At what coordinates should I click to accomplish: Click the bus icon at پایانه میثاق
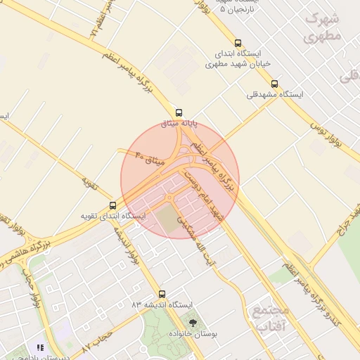(x=179, y=112)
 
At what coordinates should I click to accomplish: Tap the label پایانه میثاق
(x=180, y=124)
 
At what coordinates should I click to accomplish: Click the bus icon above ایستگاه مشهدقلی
(x=274, y=84)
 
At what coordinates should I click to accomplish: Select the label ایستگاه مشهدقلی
(x=275, y=94)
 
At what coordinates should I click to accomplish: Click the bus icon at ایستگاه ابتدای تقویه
(x=112, y=205)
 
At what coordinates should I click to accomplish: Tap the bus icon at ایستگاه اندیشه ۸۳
(x=162, y=294)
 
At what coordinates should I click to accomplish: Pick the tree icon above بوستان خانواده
(x=193, y=322)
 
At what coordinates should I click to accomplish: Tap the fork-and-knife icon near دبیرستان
(x=40, y=347)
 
